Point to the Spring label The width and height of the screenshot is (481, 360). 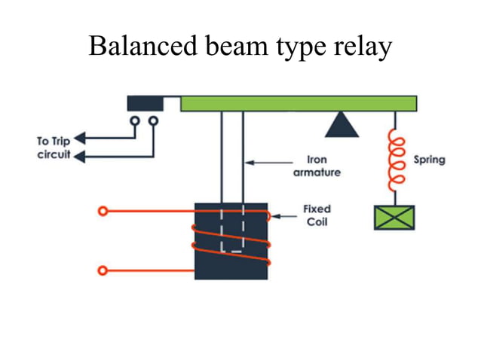click(429, 160)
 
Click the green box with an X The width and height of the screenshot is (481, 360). click(394, 217)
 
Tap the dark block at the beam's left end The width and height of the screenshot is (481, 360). click(146, 103)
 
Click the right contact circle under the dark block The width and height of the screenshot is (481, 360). click(155, 121)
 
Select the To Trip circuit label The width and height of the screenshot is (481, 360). click(53, 148)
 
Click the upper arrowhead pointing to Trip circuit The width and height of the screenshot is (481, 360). click(79, 139)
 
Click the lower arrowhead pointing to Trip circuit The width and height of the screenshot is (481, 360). click(79, 157)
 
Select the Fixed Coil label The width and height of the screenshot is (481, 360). click(317, 215)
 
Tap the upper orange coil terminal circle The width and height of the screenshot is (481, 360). click(102, 212)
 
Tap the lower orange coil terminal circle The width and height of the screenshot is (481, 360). click(102, 269)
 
